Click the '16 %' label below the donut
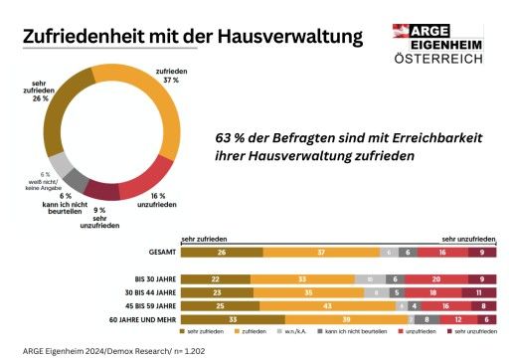point(159,196)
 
